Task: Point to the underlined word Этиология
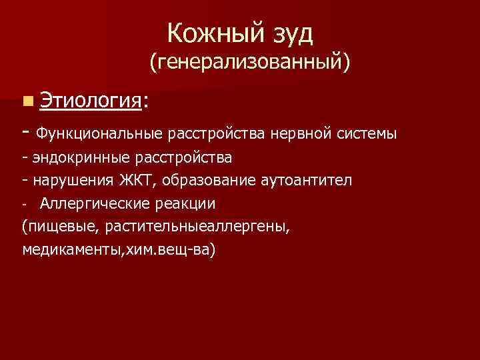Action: [90, 101]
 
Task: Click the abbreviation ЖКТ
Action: [135, 180]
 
